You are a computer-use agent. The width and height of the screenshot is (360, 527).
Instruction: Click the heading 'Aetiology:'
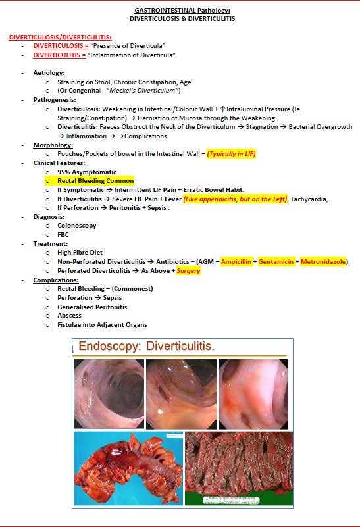[49, 73]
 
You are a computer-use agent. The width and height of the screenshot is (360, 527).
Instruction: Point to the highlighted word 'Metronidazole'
[323, 262]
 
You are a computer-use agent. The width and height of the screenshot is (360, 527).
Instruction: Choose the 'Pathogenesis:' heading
[53, 100]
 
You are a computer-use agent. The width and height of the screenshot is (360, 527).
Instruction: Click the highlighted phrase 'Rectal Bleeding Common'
[95, 181]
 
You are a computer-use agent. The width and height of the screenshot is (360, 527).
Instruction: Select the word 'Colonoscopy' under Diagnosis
[77, 226]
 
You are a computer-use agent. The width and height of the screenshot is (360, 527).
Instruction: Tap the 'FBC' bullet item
[63, 235]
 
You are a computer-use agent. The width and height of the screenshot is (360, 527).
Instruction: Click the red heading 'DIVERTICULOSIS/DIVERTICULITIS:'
[60, 37]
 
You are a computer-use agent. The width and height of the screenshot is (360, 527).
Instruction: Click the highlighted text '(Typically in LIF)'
[231, 154]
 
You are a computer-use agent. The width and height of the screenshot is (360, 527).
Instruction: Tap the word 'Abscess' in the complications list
[69, 316]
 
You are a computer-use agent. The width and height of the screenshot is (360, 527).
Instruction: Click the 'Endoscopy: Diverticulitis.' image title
[147, 346]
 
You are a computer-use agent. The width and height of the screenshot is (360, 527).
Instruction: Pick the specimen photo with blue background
[128, 468]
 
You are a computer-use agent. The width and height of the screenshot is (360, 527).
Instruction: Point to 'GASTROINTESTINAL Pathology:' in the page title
[182, 11]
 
